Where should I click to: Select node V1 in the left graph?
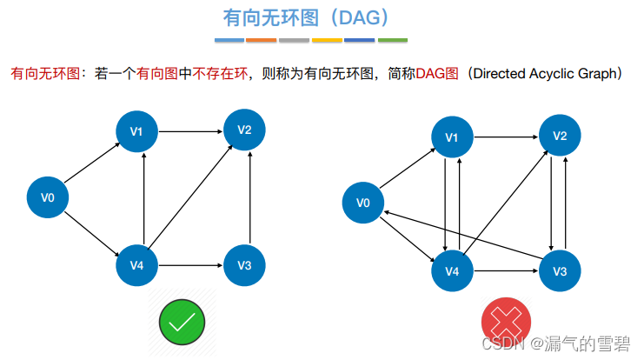tap(136, 131)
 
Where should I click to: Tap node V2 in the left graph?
tap(244, 130)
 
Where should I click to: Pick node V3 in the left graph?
tap(244, 264)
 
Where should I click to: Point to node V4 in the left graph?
tap(136, 264)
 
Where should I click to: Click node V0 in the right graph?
tap(363, 203)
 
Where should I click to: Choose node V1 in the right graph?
tap(452, 137)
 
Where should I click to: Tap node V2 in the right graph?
tap(560, 137)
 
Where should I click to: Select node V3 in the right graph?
tap(560, 271)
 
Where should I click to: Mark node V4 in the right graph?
tap(452, 271)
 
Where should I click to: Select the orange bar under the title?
tap(262, 40)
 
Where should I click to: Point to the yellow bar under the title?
tap(327, 40)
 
